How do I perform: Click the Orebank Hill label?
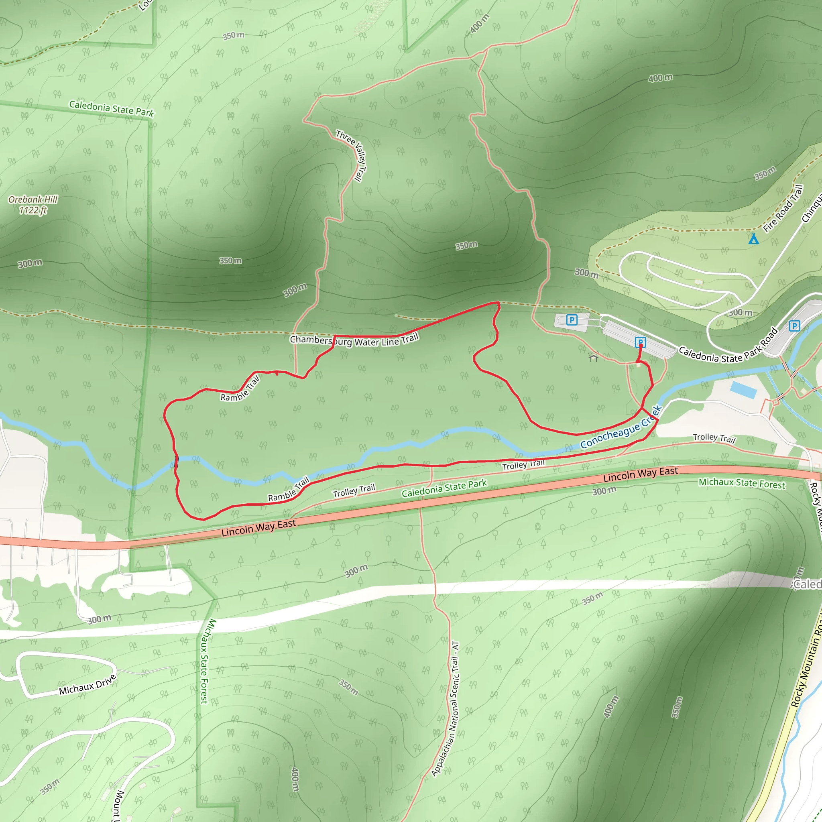point(33,199)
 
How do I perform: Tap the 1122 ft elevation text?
point(33,210)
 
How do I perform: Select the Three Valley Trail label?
point(352,156)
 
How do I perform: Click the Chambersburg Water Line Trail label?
point(354,340)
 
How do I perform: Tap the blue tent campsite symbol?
point(753,238)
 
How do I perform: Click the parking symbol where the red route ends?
point(640,342)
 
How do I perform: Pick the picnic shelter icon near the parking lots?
point(594,357)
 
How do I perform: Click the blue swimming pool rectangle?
point(743,390)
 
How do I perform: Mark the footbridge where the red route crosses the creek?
point(176,462)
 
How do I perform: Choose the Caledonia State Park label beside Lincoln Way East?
point(444,488)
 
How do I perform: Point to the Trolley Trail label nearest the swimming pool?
point(714,438)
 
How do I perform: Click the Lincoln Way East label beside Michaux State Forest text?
point(640,474)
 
